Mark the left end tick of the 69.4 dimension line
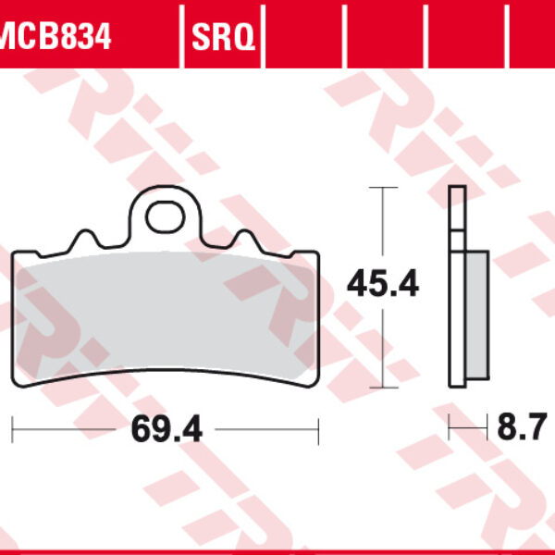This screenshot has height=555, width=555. (x=12, y=429)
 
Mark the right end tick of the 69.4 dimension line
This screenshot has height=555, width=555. (x=318, y=429)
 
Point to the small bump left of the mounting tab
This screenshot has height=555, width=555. (x=86, y=238)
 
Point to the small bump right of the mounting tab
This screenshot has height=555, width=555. (x=246, y=238)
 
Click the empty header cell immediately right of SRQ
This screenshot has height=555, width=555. (x=302, y=37)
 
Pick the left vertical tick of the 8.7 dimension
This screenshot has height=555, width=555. (x=450, y=429)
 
